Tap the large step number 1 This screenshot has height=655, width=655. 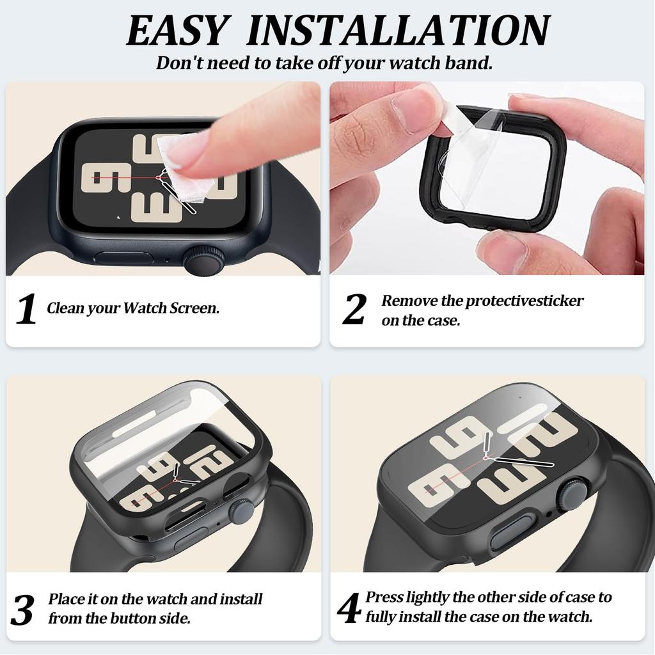[26, 309]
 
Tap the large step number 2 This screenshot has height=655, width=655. [354, 309]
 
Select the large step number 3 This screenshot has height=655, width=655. [22, 610]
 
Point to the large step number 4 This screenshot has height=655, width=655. [349, 608]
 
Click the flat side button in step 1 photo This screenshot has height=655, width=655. [123, 258]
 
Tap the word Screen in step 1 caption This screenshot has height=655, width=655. [194, 308]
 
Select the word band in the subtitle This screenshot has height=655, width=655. [470, 64]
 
